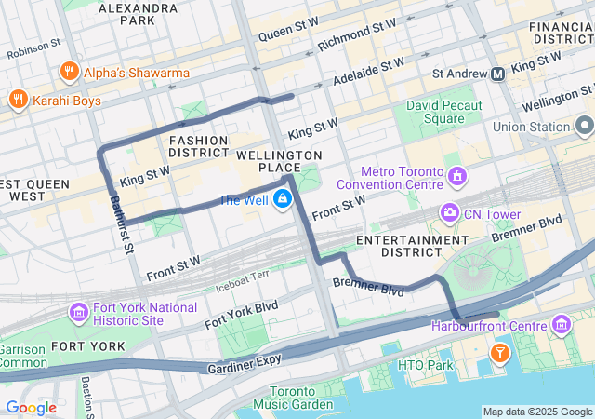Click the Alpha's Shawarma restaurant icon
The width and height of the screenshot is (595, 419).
click(68, 73)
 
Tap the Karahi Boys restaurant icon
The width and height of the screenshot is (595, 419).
click(18, 99)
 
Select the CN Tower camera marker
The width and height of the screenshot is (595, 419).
click(450, 214)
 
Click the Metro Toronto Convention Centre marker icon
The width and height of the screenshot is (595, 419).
click(456, 176)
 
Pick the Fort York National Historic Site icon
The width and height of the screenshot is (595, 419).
click(78, 311)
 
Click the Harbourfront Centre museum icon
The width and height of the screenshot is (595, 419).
click(562, 325)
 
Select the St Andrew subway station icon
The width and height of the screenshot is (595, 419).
click(498, 73)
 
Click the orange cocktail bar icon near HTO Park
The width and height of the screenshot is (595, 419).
click(500, 354)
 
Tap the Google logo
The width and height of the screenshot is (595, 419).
click(31, 407)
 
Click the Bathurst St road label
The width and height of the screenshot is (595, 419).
click(122, 223)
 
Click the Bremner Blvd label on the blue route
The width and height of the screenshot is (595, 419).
click(368, 286)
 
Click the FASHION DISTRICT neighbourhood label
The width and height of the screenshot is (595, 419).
click(199, 146)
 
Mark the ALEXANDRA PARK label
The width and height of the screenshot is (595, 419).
click(126, 13)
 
